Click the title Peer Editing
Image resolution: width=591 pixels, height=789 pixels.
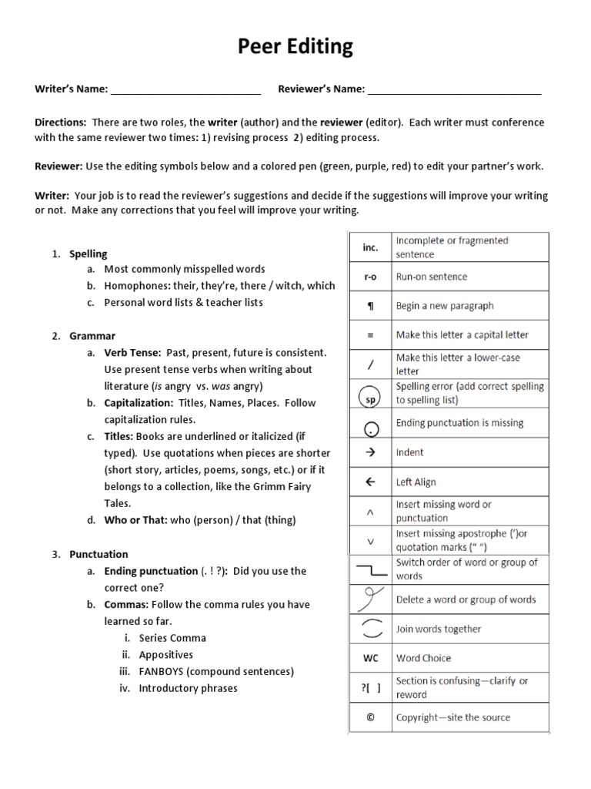point(295,47)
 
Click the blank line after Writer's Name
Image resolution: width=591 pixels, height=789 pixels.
point(185,90)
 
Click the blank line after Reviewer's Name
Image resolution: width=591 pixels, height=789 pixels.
point(454,90)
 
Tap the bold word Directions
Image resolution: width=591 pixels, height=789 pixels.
point(60,123)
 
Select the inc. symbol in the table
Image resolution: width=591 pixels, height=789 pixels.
point(370,247)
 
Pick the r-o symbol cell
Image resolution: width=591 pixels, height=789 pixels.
point(370,277)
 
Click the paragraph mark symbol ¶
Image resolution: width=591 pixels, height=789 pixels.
point(370,306)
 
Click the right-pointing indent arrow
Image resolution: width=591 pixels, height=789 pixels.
point(370,452)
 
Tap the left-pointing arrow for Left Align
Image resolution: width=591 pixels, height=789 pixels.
point(370,482)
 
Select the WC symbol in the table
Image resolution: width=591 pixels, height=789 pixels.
point(370,658)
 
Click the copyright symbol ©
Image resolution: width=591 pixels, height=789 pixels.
point(370,717)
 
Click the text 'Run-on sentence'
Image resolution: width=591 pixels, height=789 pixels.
point(431,277)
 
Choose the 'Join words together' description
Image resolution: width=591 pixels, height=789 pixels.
point(438,629)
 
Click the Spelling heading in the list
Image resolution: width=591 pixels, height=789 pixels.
point(88,253)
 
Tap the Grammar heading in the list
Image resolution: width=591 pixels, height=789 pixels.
point(92,336)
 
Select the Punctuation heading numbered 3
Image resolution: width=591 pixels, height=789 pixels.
point(98,554)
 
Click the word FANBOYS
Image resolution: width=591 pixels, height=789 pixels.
point(164,671)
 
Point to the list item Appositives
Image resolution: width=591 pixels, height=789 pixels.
point(165,655)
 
